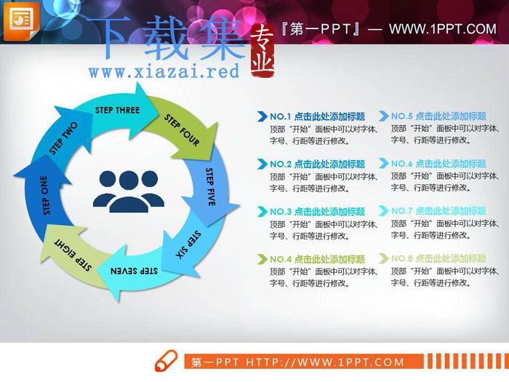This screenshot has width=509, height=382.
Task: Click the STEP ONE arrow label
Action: [x=46, y=195]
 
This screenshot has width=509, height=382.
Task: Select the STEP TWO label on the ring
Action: [x=63, y=138]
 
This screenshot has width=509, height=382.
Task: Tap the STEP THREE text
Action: [x=118, y=110]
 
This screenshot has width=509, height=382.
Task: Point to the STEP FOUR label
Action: [x=182, y=130]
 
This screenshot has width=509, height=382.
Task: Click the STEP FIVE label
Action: [x=210, y=187]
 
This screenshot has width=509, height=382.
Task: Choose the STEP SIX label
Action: [x=188, y=245]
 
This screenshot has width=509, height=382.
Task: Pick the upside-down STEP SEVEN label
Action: [x=134, y=271]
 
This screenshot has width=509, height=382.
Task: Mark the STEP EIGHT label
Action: [x=73, y=255]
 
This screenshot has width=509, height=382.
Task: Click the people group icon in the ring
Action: [x=129, y=191]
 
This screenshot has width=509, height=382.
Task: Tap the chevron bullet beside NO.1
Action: [x=262, y=116]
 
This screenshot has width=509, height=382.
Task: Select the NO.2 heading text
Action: [x=318, y=164]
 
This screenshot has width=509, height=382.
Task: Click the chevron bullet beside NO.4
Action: [x=262, y=259]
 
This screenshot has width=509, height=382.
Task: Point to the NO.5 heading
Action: [x=438, y=116]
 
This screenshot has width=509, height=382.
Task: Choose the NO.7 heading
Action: [x=438, y=211]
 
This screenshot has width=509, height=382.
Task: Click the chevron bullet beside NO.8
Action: [x=383, y=258]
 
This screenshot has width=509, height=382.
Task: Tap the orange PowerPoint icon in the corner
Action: [x=21, y=20]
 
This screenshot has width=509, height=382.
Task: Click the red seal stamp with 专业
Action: [x=262, y=51]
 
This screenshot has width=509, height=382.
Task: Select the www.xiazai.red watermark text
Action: [x=164, y=71]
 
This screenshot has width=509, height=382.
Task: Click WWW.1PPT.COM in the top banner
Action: [x=443, y=29]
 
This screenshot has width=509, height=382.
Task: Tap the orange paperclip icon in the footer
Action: [x=166, y=361]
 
